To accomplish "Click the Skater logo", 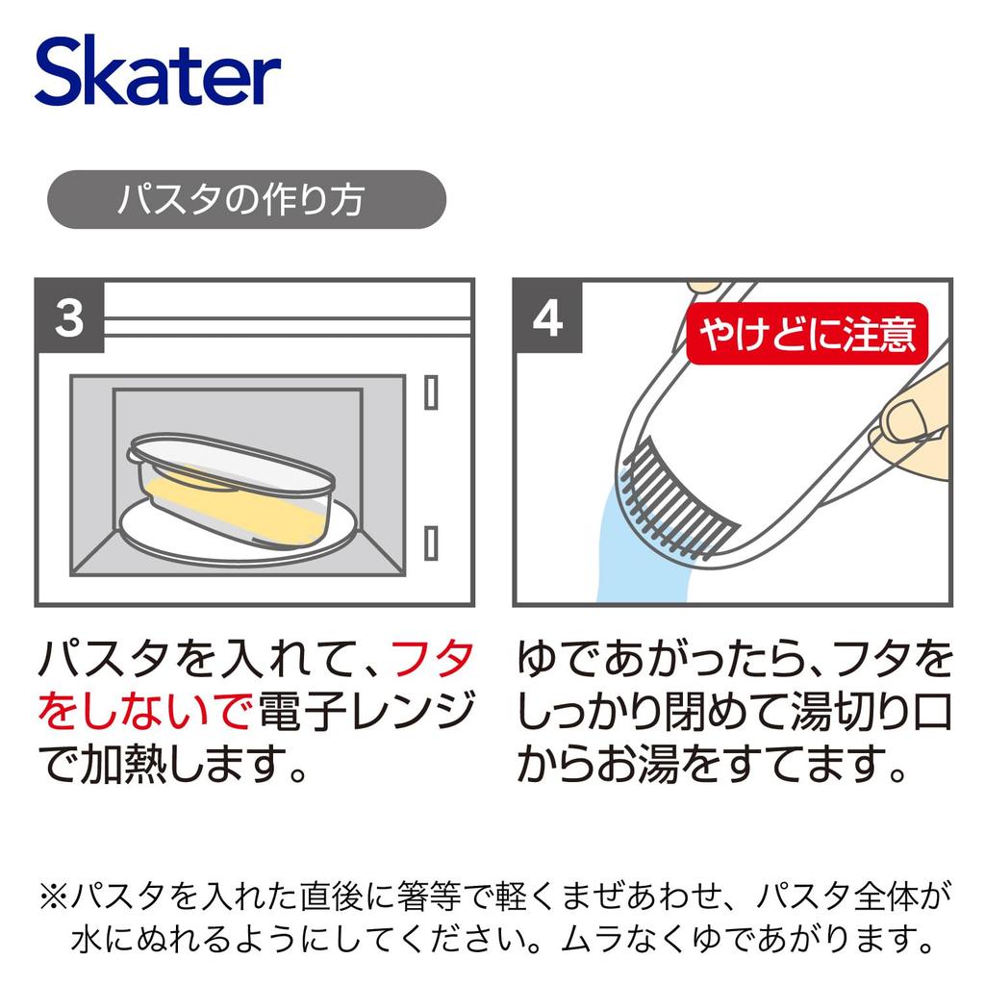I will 158,72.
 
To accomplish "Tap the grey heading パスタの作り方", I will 247,200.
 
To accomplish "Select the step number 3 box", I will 68,316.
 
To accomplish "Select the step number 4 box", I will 547,316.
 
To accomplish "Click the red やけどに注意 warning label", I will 808,334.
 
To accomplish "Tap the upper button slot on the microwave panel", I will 431,392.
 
